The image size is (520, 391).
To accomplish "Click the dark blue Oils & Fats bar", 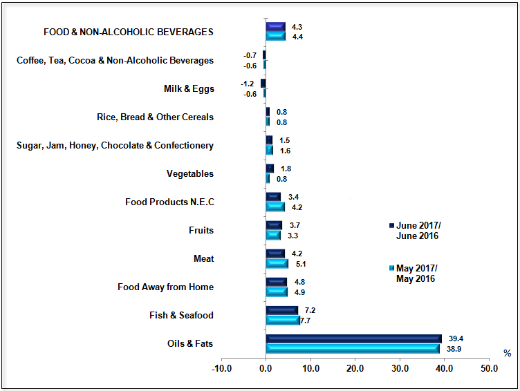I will (353, 338).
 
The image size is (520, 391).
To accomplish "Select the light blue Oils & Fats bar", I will (353, 348).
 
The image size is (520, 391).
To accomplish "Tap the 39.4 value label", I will (456, 338).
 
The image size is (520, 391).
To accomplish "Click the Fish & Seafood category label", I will (181, 316).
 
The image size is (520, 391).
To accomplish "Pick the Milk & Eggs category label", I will (189, 89).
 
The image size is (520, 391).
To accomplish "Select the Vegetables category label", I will (190, 174).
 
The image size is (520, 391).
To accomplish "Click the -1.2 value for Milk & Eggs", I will (247, 84).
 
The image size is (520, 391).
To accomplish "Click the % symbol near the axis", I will (507, 354).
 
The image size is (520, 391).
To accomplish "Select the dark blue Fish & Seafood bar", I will (281, 310).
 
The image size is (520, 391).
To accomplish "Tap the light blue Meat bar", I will (277, 263).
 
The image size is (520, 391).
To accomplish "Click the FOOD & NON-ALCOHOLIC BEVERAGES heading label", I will (128, 32).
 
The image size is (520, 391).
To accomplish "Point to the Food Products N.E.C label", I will (169, 202).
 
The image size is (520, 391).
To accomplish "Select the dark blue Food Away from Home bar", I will (276, 282).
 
